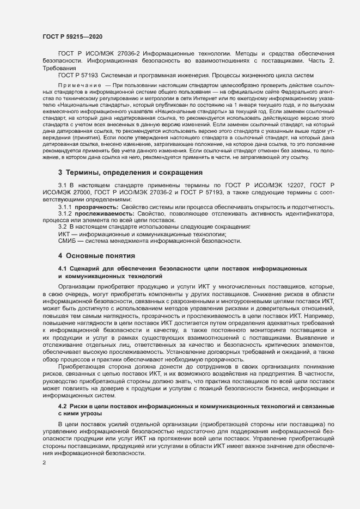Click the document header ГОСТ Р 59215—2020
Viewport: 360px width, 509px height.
[72, 36]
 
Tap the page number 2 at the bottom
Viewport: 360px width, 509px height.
[44, 463]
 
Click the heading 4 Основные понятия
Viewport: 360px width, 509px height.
[93, 255]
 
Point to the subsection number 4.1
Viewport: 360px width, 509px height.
[62, 269]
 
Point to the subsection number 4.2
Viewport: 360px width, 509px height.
[62, 407]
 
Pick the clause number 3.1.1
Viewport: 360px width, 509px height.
[65, 207]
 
